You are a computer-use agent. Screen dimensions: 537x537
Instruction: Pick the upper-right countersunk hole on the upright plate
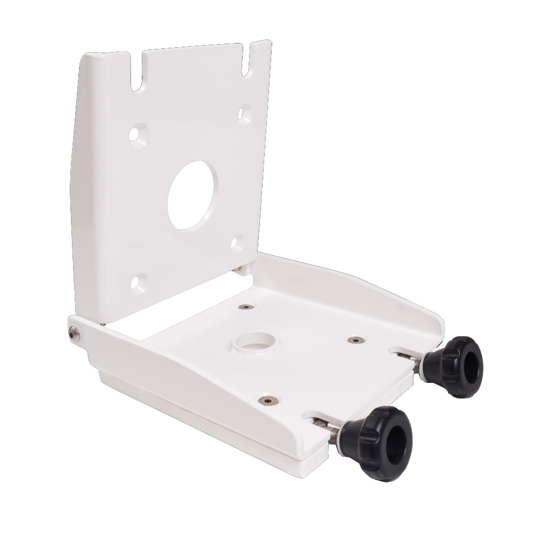(245, 113)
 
